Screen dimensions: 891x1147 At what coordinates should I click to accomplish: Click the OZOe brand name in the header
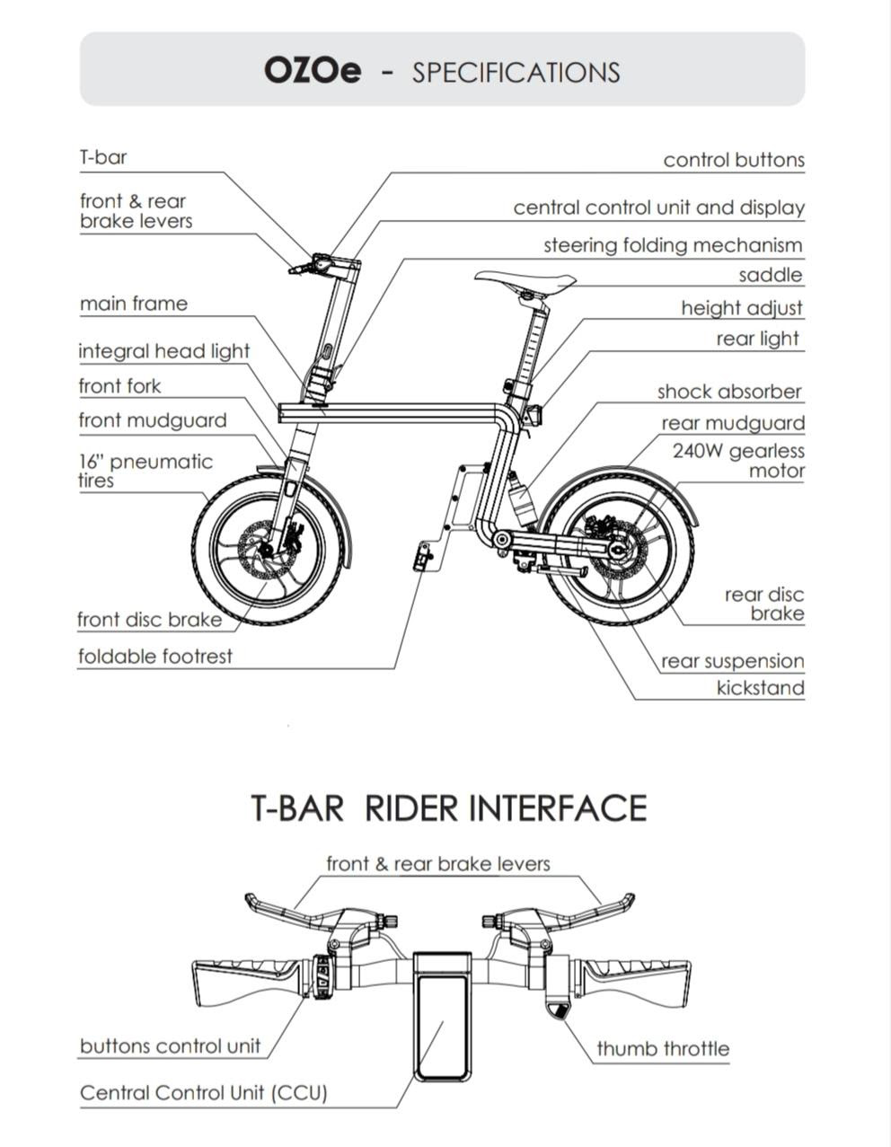click(313, 71)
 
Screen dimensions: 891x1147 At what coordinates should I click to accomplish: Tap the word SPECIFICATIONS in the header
click(516, 73)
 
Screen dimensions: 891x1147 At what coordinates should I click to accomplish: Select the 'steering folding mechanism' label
click(673, 246)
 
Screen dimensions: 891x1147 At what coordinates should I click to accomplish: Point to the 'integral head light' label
click(163, 351)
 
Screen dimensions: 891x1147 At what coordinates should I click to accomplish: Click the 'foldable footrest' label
click(155, 656)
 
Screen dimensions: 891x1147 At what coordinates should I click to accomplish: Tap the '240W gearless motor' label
click(738, 460)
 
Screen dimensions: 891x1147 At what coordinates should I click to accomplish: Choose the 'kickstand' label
click(761, 688)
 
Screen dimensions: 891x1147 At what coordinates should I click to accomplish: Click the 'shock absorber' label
click(729, 392)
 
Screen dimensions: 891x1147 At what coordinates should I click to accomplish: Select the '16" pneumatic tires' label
click(146, 471)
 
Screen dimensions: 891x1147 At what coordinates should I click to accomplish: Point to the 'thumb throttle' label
click(663, 1047)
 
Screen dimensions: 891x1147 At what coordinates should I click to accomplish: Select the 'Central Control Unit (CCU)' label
click(204, 1092)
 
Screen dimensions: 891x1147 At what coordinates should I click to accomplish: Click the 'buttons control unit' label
click(170, 1046)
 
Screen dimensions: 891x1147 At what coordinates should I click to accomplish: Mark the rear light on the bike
click(534, 413)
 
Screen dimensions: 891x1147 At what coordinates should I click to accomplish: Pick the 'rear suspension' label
click(733, 660)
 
